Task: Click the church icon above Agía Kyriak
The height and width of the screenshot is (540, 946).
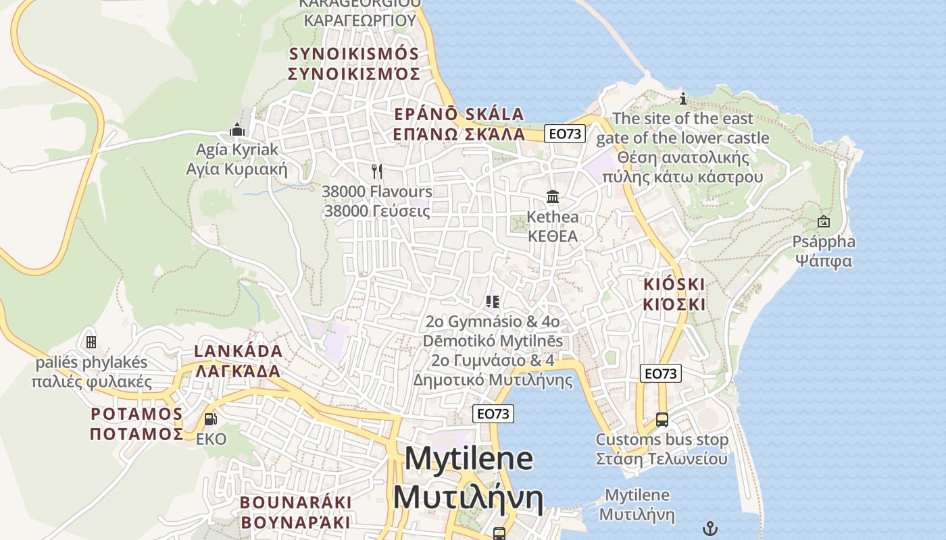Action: [x=237, y=129]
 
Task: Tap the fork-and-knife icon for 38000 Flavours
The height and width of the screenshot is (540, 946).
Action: [x=376, y=171]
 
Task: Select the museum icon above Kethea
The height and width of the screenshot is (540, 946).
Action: [x=553, y=196]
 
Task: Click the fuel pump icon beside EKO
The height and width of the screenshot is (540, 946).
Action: [x=210, y=419]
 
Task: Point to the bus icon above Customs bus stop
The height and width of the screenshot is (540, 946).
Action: [x=662, y=419]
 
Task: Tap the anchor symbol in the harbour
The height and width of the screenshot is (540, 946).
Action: [x=709, y=529]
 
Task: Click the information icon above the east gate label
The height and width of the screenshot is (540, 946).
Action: [x=683, y=99]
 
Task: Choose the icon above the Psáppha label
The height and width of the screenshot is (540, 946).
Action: [x=824, y=221]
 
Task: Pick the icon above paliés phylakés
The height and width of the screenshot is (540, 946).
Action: [x=91, y=342]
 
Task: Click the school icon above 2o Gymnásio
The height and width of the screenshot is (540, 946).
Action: [x=493, y=301]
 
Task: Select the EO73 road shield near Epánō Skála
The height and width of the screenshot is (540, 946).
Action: [x=565, y=134]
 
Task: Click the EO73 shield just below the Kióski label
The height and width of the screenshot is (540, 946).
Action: [x=661, y=373]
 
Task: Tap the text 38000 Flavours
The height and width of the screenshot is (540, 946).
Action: [x=376, y=192]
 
